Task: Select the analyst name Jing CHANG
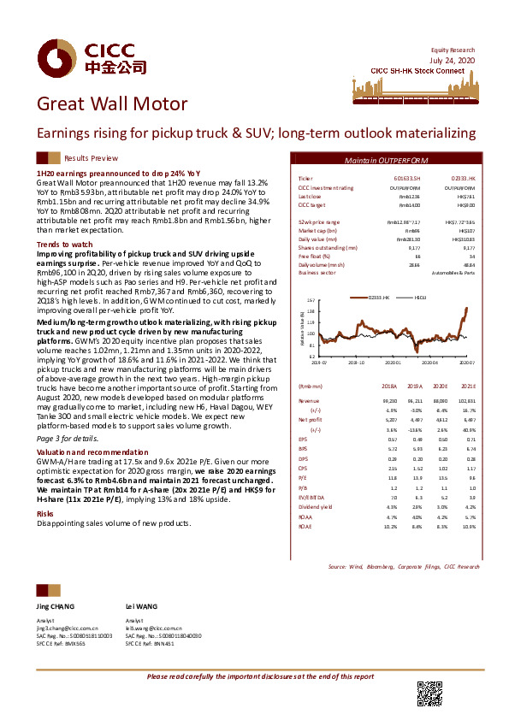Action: (x=55, y=605)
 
